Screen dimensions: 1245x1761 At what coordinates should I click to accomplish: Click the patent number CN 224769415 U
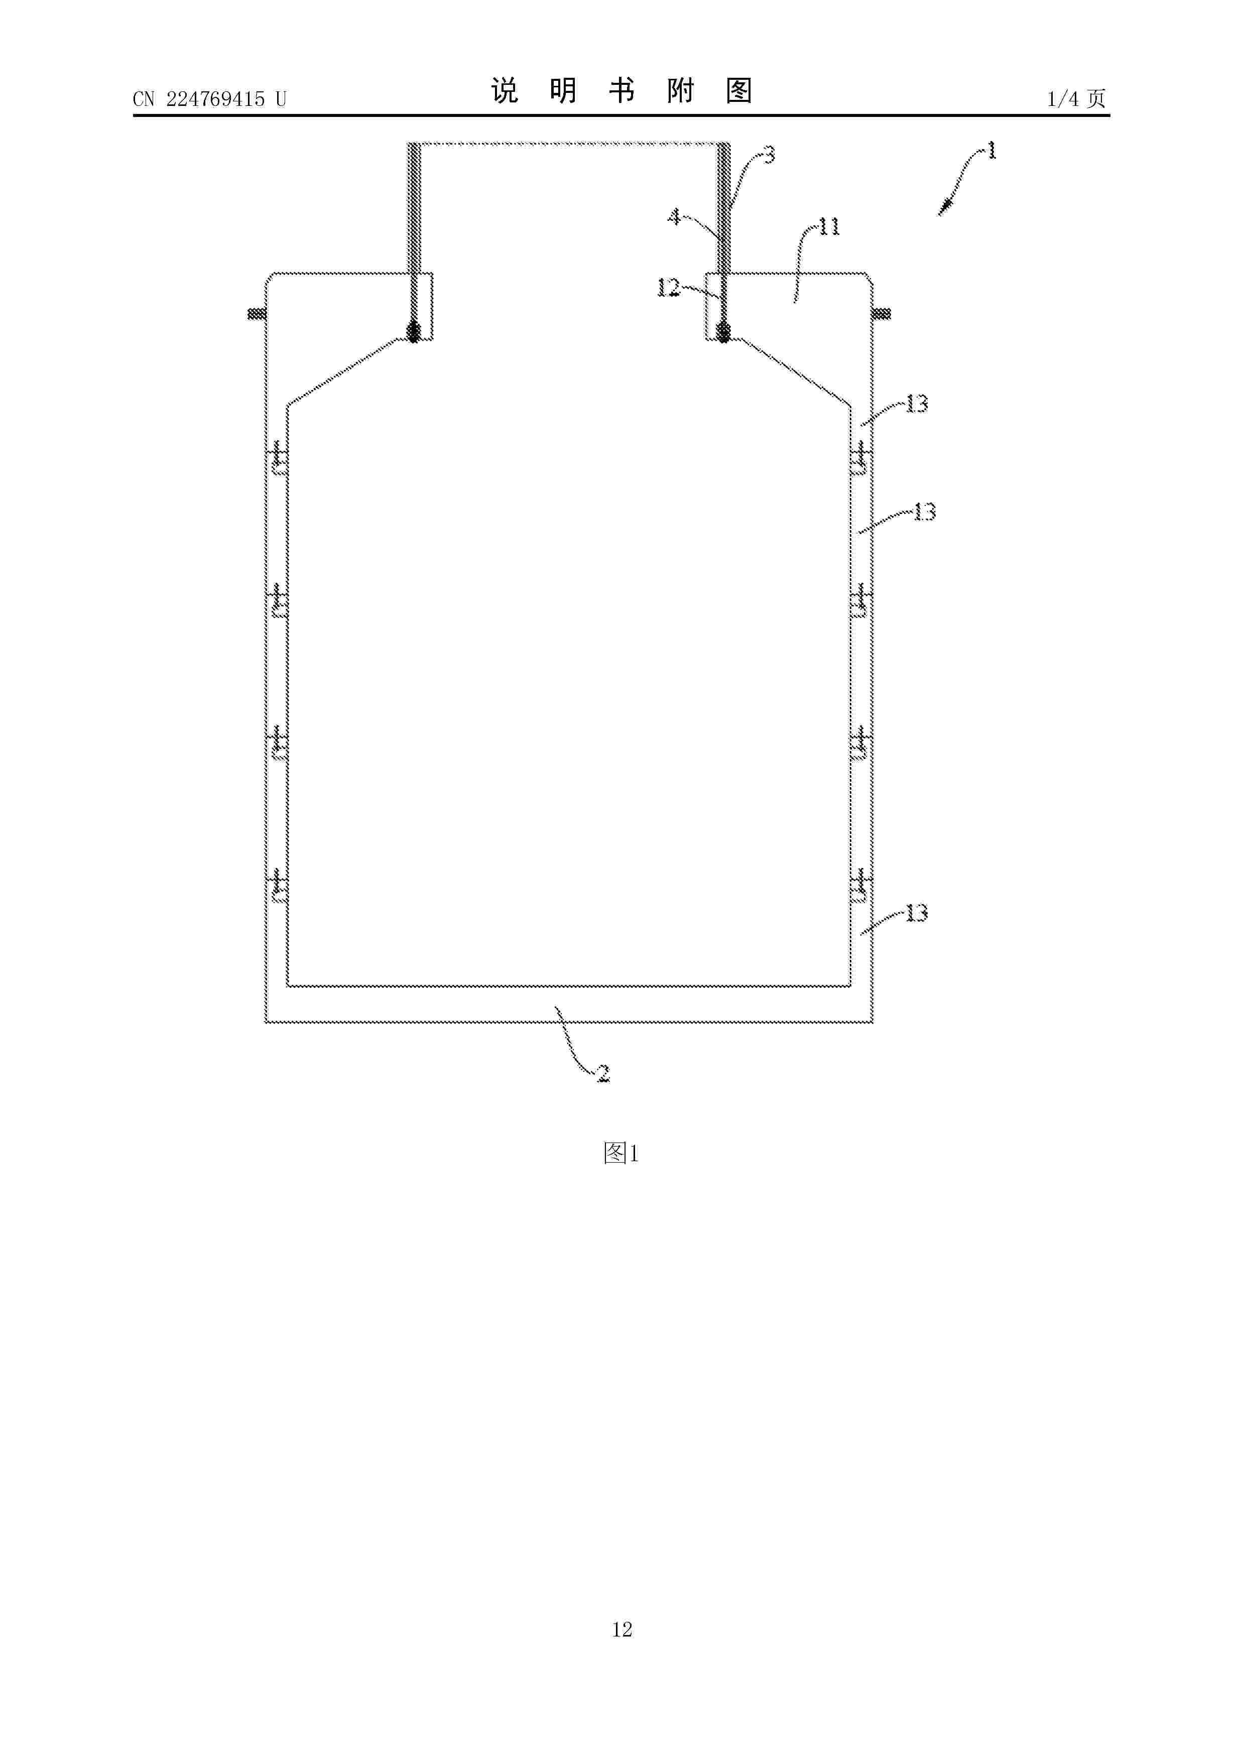209,99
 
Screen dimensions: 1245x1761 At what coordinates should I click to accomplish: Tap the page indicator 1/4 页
1077,98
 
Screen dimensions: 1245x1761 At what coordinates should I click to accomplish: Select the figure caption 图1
621,1153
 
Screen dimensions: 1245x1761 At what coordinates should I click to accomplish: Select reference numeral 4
674,217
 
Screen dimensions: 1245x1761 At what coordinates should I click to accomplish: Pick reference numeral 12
668,288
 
